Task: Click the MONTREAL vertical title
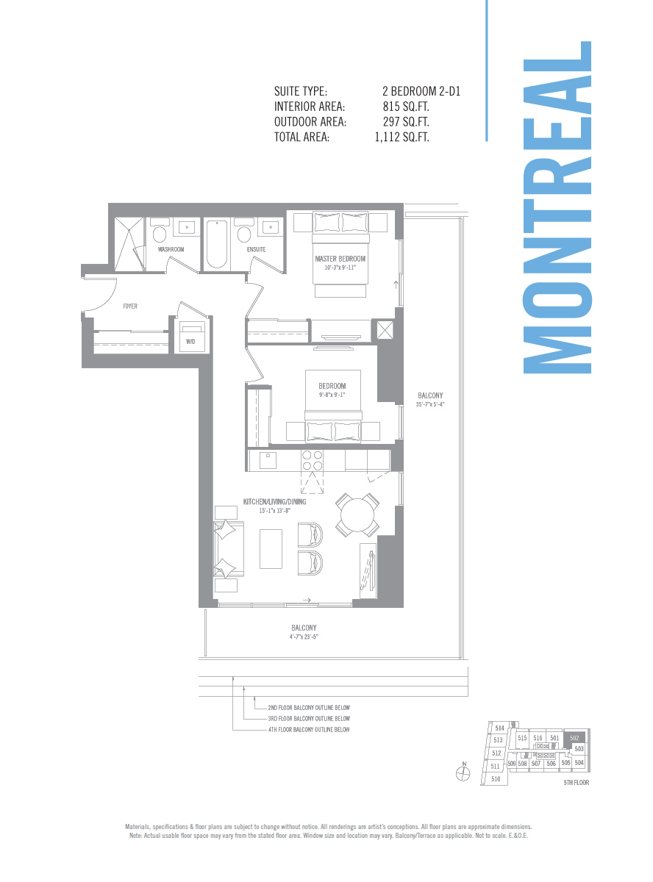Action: click(557, 207)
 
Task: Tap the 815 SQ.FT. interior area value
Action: click(406, 107)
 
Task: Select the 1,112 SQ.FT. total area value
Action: click(402, 137)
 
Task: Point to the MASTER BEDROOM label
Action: click(340, 259)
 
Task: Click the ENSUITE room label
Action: click(256, 249)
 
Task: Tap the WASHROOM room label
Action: click(171, 249)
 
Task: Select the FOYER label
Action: click(130, 306)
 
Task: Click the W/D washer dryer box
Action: click(190, 340)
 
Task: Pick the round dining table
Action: click(357, 514)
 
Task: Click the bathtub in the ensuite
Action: click(216, 244)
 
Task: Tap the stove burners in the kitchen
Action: click(312, 460)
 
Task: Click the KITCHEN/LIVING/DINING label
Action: click(274, 501)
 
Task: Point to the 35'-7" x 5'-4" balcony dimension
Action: click(430, 404)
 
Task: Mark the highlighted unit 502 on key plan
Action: click(575, 738)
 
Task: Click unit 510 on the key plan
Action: click(496, 778)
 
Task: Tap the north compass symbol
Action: click(463, 772)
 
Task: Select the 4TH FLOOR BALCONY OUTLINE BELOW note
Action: click(308, 730)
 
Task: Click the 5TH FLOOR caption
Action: click(574, 783)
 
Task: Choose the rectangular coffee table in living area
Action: click(271, 548)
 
